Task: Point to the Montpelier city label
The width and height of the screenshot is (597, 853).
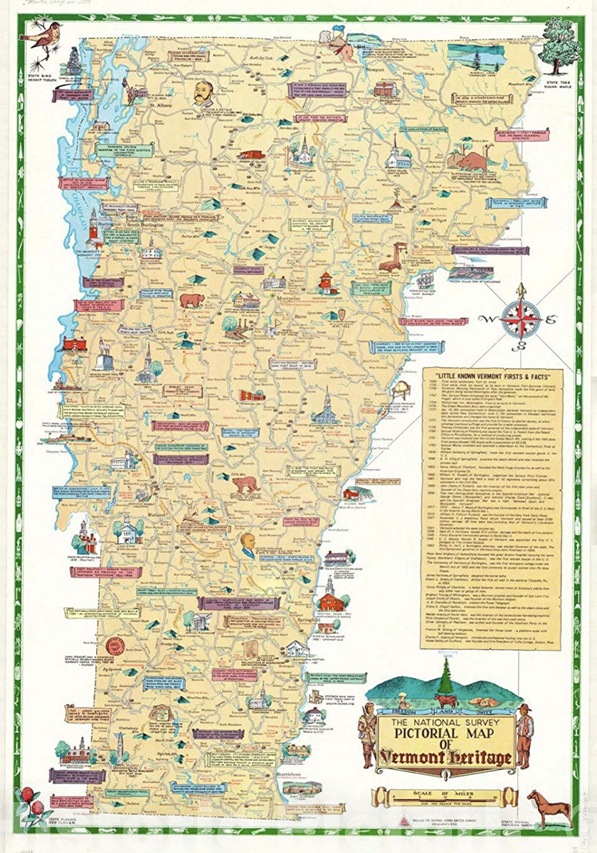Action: coord(278,301)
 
